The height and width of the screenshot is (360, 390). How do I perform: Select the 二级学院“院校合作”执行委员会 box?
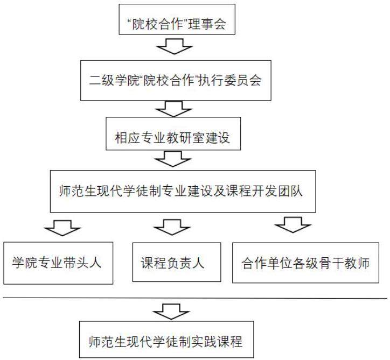(177, 80)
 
